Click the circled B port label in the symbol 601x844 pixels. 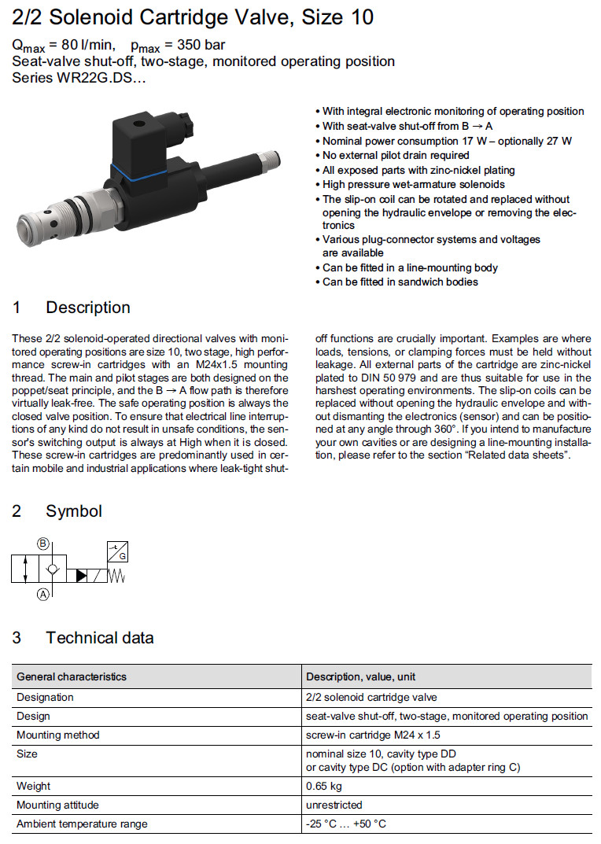(x=42, y=544)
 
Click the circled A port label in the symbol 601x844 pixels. (x=42, y=595)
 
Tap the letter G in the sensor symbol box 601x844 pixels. (x=122, y=555)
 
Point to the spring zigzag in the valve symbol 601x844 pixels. (x=117, y=577)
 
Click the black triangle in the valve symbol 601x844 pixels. (x=82, y=577)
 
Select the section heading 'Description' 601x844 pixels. (x=88, y=308)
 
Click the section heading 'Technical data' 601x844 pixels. (x=99, y=638)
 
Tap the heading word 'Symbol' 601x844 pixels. (x=74, y=511)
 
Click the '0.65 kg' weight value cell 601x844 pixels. (x=323, y=786)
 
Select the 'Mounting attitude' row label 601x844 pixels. (x=57, y=805)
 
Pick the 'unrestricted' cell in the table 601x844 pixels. (x=334, y=805)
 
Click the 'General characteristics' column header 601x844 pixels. (x=72, y=676)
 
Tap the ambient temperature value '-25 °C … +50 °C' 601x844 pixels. (x=346, y=824)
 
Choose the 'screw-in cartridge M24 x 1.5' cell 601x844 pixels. (x=373, y=735)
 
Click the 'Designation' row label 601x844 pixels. (x=45, y=697)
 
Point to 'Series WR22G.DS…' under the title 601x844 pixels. (x=79, y=77)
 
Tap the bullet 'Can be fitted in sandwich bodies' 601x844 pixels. (x=400, y=282)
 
